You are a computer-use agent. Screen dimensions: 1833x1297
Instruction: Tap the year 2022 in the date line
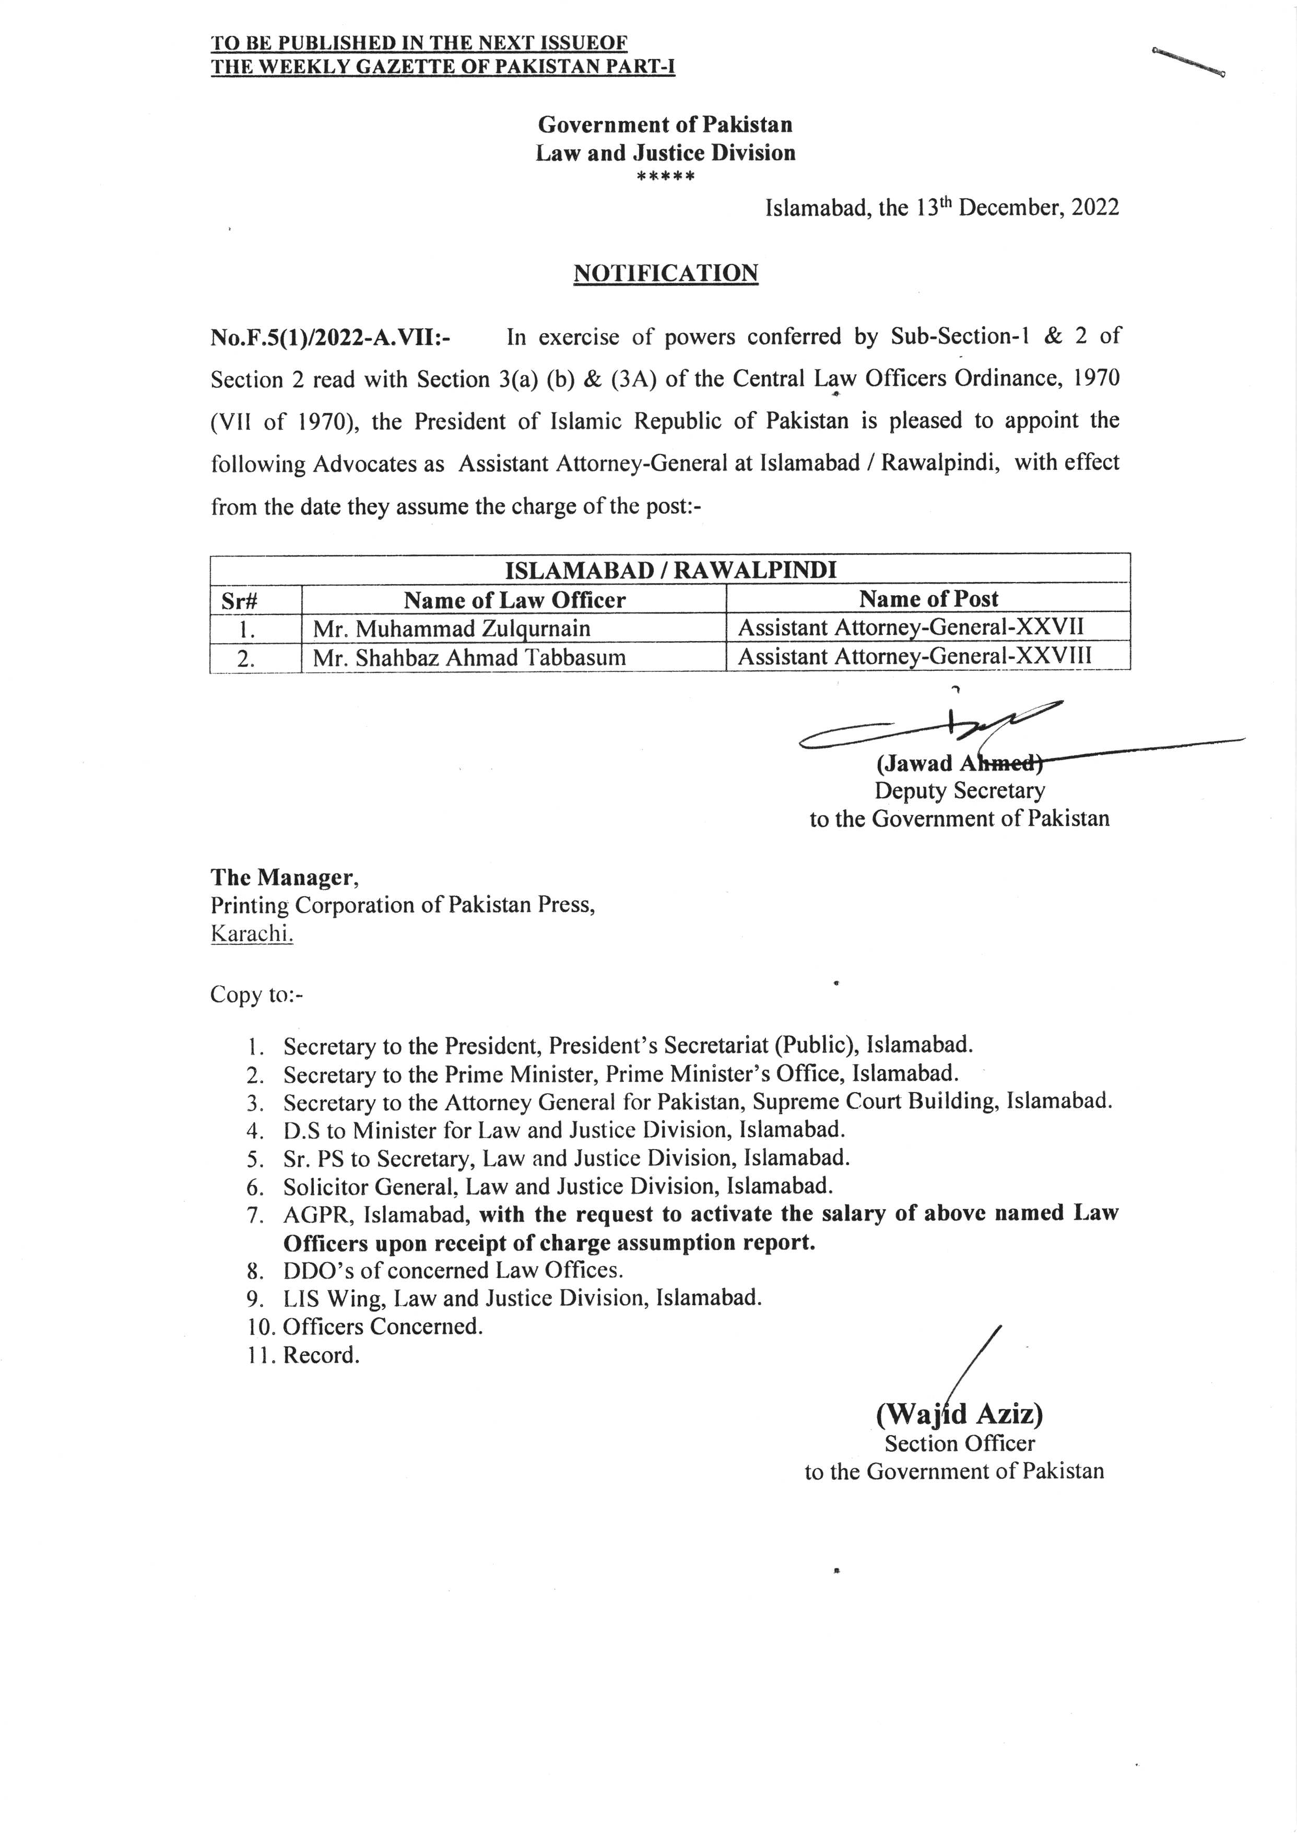[1095, 208]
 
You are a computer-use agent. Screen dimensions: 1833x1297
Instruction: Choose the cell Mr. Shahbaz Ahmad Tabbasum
[469, 658]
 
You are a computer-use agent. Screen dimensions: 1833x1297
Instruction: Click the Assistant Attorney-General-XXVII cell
[911, 628]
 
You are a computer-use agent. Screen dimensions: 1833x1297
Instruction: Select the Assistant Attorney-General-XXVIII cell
[914, 656]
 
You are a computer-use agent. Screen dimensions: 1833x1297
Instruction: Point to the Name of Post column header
[928, 599]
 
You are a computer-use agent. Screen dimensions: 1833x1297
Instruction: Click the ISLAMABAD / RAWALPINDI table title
[670, 570]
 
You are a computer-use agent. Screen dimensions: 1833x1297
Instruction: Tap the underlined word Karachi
[252, 934]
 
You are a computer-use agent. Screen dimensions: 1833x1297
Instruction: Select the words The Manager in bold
[284, 878]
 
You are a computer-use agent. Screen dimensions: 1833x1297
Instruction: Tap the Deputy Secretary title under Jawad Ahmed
[959, 790]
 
